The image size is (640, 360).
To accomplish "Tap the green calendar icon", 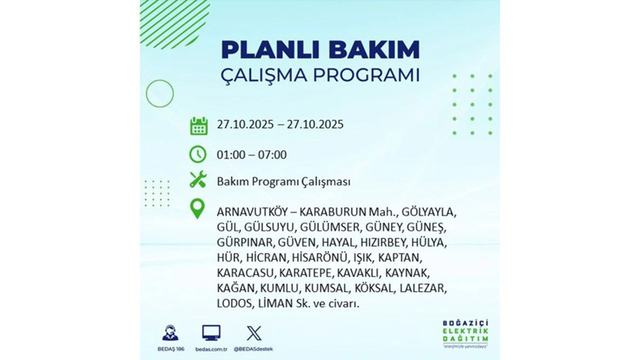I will [x=198, y=126].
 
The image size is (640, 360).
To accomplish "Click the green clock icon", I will [x=198, y=154].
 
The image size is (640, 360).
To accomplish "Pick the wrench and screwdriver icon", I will [x=198, y=180].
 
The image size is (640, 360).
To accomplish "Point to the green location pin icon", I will [x=198, y=209].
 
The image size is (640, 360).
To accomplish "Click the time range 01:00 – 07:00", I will [x=252, y=155].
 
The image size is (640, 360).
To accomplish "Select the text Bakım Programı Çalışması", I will [x=283, y=181].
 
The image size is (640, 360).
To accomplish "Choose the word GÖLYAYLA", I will [x=431, y=212].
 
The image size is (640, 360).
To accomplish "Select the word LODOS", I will [x=235, y=304].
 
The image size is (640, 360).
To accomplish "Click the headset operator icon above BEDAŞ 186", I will [x=169, y=333].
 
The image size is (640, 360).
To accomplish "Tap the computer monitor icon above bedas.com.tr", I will [x=211, y=333].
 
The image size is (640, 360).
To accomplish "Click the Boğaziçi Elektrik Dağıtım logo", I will [x=468, y=334].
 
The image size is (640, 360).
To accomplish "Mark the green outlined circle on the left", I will [x=159, y=94].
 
